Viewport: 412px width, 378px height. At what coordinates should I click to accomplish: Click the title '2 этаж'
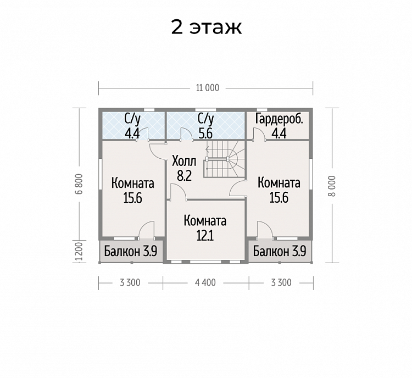click(206, 27)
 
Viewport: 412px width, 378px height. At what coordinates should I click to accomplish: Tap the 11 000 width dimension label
click(208, 88)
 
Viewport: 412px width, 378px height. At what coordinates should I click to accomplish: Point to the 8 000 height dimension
click(332, 186)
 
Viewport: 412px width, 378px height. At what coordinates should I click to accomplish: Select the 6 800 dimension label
click(80, 184)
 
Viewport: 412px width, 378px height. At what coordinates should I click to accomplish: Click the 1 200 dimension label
click(79, 252)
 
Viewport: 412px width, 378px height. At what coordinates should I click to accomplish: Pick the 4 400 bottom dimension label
click(205, 282)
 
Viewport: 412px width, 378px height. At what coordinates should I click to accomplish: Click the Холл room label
click(184, 161)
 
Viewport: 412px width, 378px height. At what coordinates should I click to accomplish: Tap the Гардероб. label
click(279, 119)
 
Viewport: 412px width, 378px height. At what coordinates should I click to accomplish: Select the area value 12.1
click(205, 236)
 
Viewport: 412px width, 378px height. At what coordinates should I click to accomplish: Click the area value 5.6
click(205, 134)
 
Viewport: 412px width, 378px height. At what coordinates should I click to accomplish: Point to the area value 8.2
click(184, 176)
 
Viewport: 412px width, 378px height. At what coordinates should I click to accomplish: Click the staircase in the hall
click(224, 159)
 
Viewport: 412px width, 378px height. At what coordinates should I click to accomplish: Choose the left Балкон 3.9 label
click(131, 251)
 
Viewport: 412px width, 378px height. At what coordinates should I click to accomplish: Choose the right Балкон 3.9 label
click(280, 251)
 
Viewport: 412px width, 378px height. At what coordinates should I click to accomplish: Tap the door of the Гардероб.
click(259, 134)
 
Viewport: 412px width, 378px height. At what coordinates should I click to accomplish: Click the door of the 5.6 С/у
click(187, 134)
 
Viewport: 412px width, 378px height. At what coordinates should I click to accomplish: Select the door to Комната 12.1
click(178, 192)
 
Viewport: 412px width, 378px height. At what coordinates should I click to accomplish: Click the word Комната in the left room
click(133, 184)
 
